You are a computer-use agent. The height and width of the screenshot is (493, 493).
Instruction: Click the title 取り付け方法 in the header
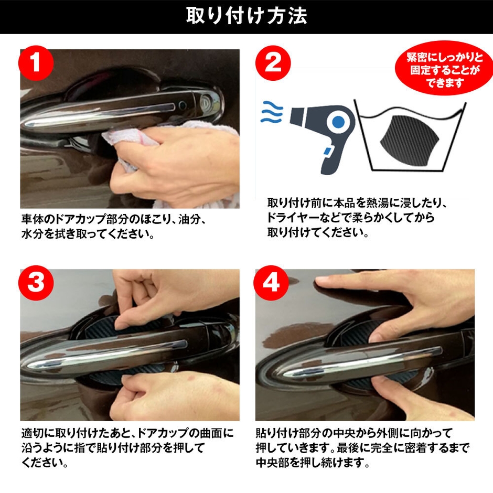pyautogui.click(x=246, y=16)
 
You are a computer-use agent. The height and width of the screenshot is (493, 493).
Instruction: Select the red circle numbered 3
pyautogui.click(x=36, y=283)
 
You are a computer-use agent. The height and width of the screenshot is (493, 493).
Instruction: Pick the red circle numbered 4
pyautogui.click(x=272, y=283)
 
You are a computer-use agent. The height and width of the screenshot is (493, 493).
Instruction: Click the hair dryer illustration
pyautogui.click(x=320, y=131)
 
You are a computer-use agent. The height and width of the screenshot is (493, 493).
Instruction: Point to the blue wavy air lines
pyautogui.click(x=272, y=112)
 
